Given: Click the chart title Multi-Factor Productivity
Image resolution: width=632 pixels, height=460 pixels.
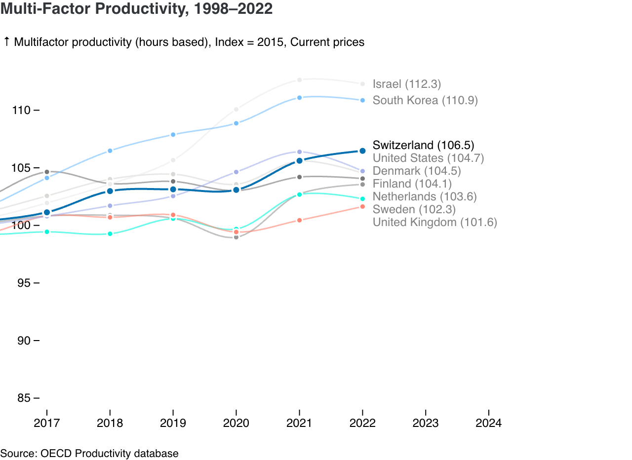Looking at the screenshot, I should (x=136, y=8).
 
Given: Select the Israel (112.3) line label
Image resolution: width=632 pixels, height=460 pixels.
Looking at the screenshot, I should (x=406, y=84).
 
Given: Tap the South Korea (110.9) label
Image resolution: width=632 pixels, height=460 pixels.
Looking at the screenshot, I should (x=425, y=101).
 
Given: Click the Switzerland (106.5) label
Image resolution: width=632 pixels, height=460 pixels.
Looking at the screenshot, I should (x=423, y=145).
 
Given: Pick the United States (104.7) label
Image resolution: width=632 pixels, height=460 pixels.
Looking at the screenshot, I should (x=428, y=158).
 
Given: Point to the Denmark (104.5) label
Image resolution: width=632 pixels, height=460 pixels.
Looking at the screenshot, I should (x=417, y=171).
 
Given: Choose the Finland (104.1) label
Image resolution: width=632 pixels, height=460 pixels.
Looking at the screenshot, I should (x=412, y=184).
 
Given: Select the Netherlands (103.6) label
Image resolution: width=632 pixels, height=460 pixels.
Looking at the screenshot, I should (x=425, y=196).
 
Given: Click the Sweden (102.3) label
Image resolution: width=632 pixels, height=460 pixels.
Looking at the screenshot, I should (x=414, y=209).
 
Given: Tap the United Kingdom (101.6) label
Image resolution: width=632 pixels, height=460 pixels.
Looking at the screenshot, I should (x=434, y=222).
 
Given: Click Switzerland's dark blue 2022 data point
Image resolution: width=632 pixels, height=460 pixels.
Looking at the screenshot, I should (x=362, y=151).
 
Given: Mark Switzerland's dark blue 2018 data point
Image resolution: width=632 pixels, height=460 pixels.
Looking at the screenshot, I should (x=110, y=191).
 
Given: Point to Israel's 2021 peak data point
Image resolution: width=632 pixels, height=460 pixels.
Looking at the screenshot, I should (x=299, y=79).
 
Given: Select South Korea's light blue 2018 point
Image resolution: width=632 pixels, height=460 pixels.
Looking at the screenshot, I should (x=110, y=151).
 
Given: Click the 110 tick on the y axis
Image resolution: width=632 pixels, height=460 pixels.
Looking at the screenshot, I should (x=22, y=110).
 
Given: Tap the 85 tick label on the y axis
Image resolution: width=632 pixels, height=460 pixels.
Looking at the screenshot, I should (x=24, y=398).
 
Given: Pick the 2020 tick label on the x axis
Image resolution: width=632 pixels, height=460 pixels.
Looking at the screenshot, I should (x=236, y=423).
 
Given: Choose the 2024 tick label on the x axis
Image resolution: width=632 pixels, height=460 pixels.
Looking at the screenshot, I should (x=488, y=423).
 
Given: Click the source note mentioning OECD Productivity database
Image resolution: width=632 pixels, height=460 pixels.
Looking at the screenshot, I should (x=89, y=453).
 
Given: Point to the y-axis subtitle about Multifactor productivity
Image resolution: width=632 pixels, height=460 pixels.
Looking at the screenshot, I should (x=184, y=42).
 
